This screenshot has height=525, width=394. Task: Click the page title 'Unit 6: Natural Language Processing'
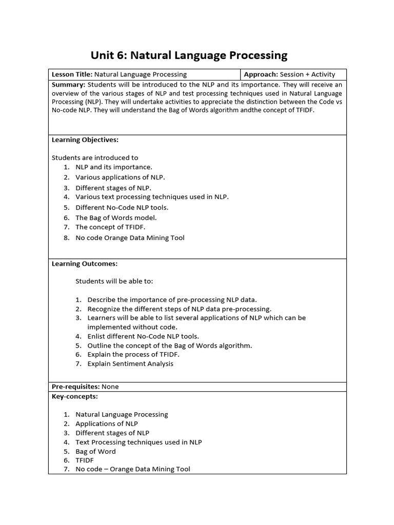(x=189, y=55)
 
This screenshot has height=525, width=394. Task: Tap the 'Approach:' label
(x=261, y=74)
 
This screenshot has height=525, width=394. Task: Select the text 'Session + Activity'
(x=308, y=74)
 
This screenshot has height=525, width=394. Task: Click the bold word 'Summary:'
(x=68, y=85)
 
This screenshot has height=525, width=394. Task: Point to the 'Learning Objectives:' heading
(x=85, y=139)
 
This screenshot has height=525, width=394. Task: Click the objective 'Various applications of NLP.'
(x=120, y=177)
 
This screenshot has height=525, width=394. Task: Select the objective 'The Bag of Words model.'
(x=116, y=217)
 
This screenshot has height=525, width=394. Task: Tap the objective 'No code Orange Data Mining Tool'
(x=130, y=237)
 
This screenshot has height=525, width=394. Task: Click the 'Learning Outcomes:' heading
(x=85, y=264)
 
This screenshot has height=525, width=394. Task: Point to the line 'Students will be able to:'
(x=114, y=281)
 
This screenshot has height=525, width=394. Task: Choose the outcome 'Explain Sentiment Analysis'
(x=130, y=364)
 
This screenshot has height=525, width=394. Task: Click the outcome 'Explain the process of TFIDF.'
(x=133, y=354)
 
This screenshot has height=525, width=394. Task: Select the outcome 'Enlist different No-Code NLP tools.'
(x=143, y=336)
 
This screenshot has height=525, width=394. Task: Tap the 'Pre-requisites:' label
(x=75, y=387)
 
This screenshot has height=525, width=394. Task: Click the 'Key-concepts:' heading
(x=75, y=396)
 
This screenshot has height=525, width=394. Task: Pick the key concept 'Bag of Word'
(x=95, y=451)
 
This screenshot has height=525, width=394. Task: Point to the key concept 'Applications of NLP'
(x=107, y=423)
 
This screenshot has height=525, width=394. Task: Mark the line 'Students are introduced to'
(x=95, y=157)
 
